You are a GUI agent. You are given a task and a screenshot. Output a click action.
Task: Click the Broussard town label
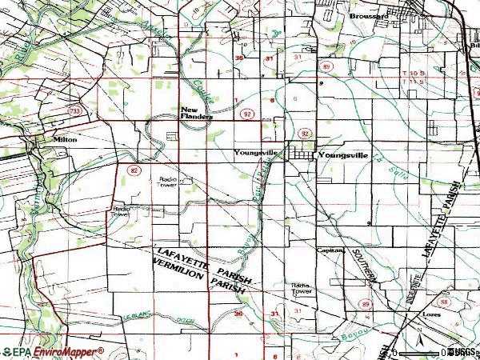tap(368, 16)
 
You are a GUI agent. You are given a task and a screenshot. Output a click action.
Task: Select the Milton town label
tap(65, 139)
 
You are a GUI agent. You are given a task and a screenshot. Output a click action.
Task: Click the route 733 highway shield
tap(75, 110)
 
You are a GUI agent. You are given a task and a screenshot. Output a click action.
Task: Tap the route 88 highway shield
tap(445, 302)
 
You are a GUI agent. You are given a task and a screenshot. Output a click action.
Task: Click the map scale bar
tap(424, 352)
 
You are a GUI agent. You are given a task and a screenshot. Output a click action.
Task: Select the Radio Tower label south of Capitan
tap(301, 288)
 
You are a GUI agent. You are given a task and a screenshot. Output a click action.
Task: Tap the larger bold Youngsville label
tap(343, 154)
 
